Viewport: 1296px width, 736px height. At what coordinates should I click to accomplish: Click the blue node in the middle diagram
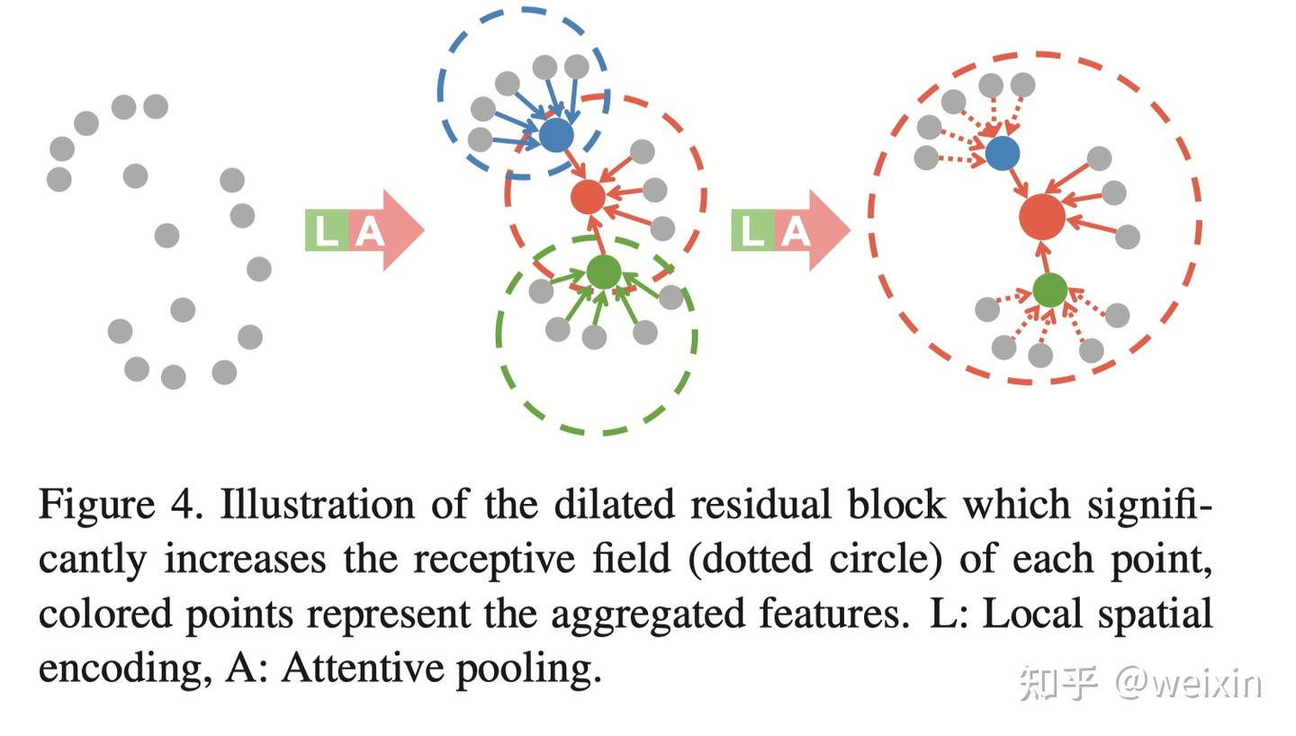556,135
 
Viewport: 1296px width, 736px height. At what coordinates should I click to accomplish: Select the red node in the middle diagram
588,196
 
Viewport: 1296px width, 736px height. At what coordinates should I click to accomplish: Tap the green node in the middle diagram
603,272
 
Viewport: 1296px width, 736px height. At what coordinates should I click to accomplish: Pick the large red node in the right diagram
1042,217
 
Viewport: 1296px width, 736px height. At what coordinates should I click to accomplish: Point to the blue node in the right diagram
1003,153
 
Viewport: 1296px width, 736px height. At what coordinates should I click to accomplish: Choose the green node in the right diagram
1049,290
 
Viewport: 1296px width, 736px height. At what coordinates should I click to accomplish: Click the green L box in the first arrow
326,231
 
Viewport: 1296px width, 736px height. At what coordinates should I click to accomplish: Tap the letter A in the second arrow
794,231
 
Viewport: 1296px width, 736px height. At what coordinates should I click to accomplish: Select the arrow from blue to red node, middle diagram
572,166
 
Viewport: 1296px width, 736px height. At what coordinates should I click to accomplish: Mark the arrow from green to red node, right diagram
1046,258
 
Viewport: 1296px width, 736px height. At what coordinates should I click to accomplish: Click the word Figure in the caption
96,505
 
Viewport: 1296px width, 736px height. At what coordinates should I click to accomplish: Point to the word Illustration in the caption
317,505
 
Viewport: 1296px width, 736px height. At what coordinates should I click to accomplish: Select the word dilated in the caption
615,505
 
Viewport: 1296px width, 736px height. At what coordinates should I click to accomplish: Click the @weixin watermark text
1188,684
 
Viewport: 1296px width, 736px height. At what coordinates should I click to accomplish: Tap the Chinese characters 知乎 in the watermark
1058,684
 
